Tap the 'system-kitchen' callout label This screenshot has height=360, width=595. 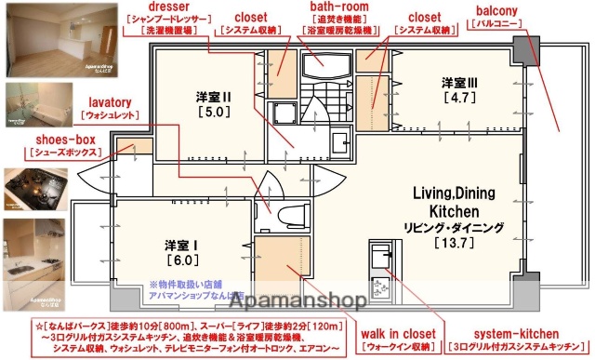pos(516,332)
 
